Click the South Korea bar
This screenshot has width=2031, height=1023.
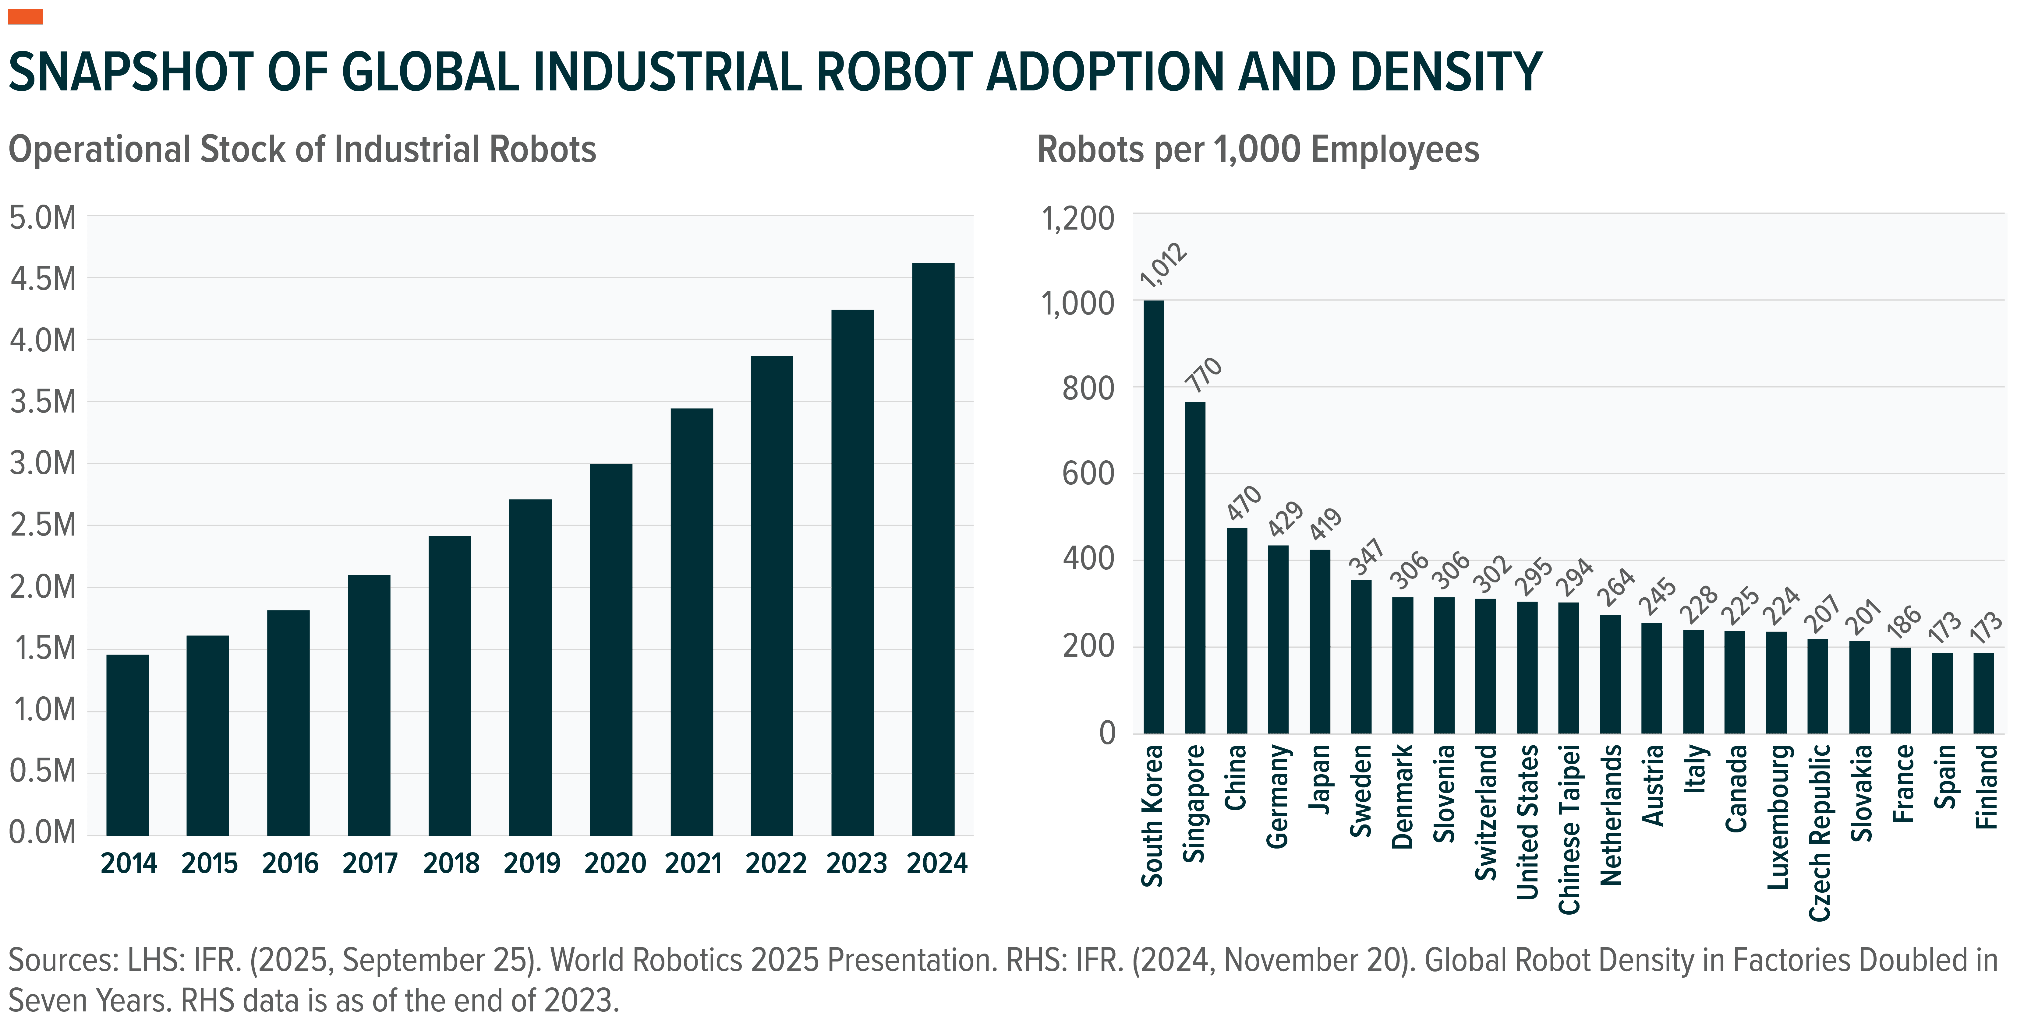tap(1153, 516)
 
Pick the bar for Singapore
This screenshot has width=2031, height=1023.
tap(1195, 568)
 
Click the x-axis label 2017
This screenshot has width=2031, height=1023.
tap(370, 864)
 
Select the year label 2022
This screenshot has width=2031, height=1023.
tap(775, 864)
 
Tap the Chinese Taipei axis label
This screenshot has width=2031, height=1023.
tap(1569, 829)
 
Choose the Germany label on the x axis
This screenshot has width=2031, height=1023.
tap(1277, 796)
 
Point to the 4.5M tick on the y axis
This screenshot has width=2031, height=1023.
tap(43, 279)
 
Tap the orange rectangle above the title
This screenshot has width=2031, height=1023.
tap(25, 16)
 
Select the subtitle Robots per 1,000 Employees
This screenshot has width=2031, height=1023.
tap(1258, 150)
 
